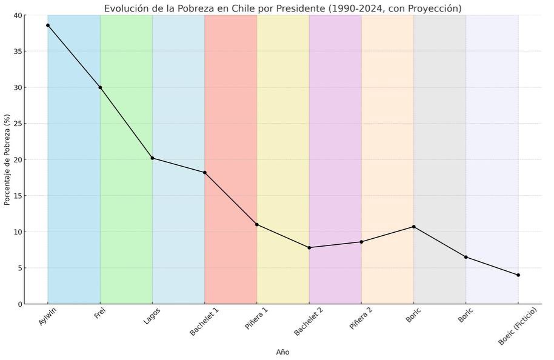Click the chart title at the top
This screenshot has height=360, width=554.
click(282, 8)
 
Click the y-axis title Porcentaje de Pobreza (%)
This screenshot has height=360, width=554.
click(8, 159)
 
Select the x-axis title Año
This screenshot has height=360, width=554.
click(282, 352)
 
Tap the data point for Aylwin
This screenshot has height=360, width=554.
click(48, 25)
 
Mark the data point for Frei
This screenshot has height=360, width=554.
click(100, 87)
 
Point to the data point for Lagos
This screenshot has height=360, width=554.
click(152, 158)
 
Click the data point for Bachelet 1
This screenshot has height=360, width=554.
click(205, 173)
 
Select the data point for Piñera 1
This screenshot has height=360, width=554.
click(257, 225)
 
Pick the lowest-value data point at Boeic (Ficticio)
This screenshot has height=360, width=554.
click(518, 275)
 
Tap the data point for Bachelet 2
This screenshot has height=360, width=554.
click(309, 247)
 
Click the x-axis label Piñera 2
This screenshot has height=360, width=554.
click(361, 319)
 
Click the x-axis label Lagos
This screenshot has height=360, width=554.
click(152, 316)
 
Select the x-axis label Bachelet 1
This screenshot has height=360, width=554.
click(204, 322)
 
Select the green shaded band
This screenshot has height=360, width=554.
click(126, 182)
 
